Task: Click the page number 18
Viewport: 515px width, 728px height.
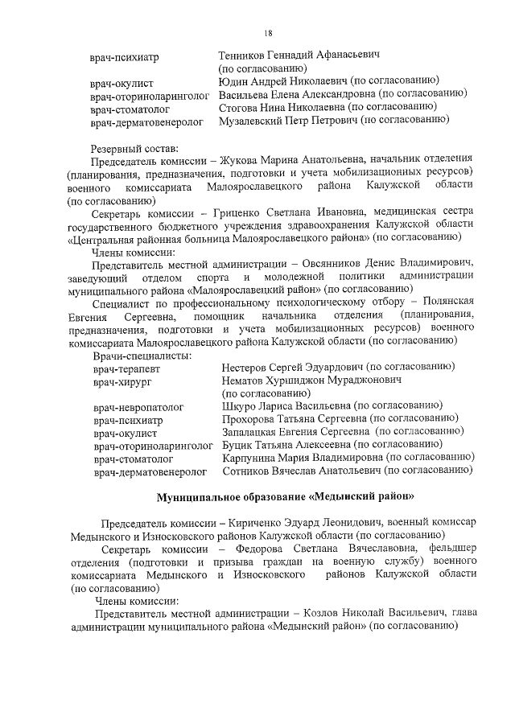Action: click(268, 32)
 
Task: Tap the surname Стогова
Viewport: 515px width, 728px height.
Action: click(241, 107)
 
